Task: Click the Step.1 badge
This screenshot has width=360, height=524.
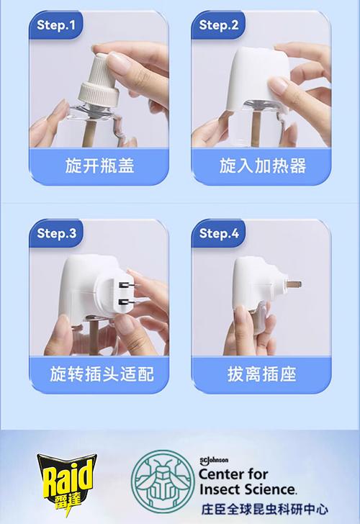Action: pos(55,25)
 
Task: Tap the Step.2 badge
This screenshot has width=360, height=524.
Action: pos(218,25)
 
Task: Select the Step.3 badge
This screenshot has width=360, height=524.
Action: pos(56,233)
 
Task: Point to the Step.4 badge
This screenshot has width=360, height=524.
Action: pos(218,233)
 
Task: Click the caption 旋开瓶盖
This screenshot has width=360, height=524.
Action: pos(99,166)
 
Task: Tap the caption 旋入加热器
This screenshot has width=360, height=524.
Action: pos(262,166)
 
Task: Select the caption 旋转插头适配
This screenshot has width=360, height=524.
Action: pos(102,374)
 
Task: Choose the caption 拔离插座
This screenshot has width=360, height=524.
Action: pos(262,374)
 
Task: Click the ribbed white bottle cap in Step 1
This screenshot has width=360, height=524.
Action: pos(99,80)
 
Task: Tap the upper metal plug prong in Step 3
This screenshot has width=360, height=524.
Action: pos(126,285)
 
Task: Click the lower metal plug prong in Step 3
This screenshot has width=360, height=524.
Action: pos(126,302)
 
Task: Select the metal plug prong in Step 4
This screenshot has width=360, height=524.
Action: pos(294,284)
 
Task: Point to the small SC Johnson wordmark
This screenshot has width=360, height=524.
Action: pos(214,461)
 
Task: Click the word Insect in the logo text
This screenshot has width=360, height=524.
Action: pos(221,489)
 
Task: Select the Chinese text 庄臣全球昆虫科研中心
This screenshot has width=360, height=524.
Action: pos(264,510)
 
